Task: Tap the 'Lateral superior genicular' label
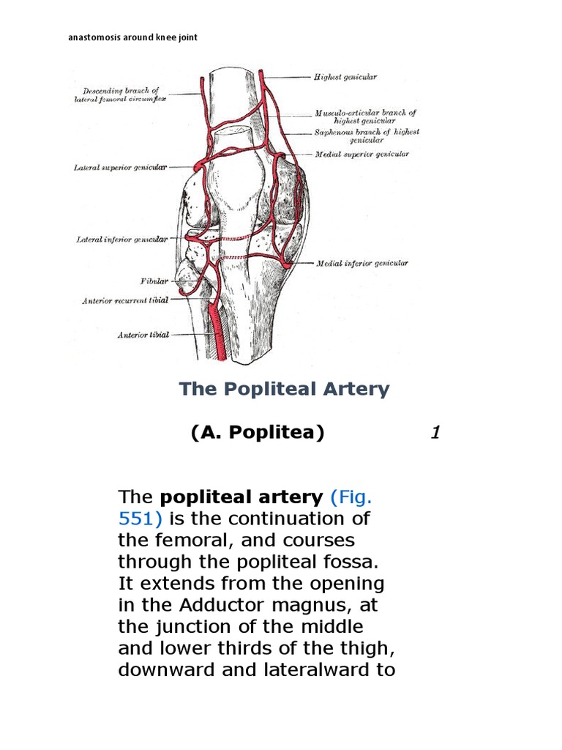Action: click(x=121, y=167)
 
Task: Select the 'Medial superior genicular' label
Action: click(x=361, y=155)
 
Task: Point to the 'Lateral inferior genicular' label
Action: click(x=122, y=240)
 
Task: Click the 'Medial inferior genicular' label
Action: click(x=361, y=263)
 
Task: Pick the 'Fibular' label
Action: click(x=154, y=281)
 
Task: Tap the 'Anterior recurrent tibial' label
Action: click(x=125, y=300)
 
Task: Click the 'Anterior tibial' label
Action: click(x=143, y=335)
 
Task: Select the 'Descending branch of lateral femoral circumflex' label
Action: click(x=120, y=94)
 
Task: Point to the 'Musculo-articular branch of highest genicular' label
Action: click(x=365, y=116)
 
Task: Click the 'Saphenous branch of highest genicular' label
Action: click(x=367, y=135)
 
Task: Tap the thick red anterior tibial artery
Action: click(x=215, y=326)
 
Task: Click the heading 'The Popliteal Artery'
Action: click(x=284, y=389)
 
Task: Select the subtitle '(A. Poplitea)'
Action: click(x=257, y=432)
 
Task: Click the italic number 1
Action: click(x=435, y=433)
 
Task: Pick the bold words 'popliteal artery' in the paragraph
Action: click(x=241, y=497)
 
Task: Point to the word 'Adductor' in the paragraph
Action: click(x=204, y=606)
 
